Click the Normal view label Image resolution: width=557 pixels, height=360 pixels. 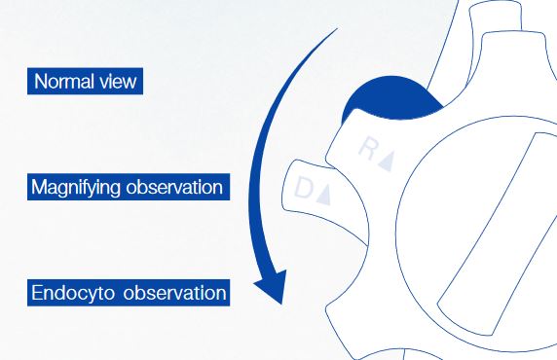click(x=86, y=82)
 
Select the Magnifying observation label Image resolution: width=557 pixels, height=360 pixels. click(x=129, y=187)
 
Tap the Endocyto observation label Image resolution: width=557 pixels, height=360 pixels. click(x=129, y=293)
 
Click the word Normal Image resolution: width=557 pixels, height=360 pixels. click(x=64, y=82)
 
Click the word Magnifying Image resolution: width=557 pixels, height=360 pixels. click(x=76, y=188)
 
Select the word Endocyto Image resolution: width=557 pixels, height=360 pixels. click(x=73, y=294)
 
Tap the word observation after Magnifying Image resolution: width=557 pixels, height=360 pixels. click(x=174, y=187)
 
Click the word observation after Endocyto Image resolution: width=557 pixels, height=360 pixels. click(x=174, y=293)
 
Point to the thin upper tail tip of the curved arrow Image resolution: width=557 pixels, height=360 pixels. click(x=337, y=29)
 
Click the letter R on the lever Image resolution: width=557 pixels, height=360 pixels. click(x=368, y=149)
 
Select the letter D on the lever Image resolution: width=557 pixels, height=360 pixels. click(x=303, y=187)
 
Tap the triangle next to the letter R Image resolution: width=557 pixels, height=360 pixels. click(x=387, y=161)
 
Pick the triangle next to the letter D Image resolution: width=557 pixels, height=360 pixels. click(x=324, y=195)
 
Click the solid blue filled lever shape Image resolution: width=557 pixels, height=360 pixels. click(x=390, y=97)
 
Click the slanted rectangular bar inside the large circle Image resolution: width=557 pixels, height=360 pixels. click(x=498, y=234)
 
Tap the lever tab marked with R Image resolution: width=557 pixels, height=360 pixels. click(x=373, y=149)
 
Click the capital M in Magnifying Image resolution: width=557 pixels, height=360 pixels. click(x=38, y=187)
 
